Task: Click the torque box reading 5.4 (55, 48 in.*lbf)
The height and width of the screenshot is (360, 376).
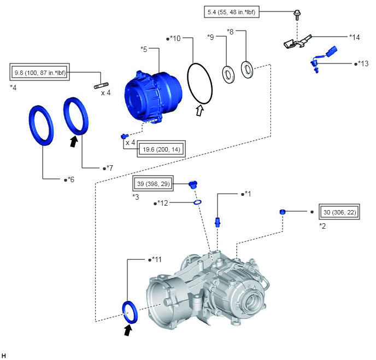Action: tap(232, 11)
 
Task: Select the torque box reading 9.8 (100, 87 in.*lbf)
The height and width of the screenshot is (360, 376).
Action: tap(40, 72)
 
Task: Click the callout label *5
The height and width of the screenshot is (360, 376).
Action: tap(144, 49)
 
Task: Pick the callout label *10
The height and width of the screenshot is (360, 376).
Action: tap(174, 38)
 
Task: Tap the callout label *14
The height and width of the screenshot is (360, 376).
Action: tap(355, 37)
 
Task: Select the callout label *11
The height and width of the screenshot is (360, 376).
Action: tap(155, 259)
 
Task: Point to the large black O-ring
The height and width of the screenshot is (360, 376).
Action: tap(200, 84)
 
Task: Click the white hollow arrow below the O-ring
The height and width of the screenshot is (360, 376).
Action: tap(200, 111)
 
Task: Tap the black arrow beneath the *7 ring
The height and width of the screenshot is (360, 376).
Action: tap(74, 141)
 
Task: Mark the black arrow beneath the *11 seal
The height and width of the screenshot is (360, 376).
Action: tap(128, 330)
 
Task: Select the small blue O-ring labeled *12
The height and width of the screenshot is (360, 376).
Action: tap(197, 202)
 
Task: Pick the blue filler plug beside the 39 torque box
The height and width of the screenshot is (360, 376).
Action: tap(192, 184)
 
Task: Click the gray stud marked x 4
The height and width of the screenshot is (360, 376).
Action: tap(101, 85)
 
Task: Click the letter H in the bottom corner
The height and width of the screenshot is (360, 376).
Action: tap(3, 356)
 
